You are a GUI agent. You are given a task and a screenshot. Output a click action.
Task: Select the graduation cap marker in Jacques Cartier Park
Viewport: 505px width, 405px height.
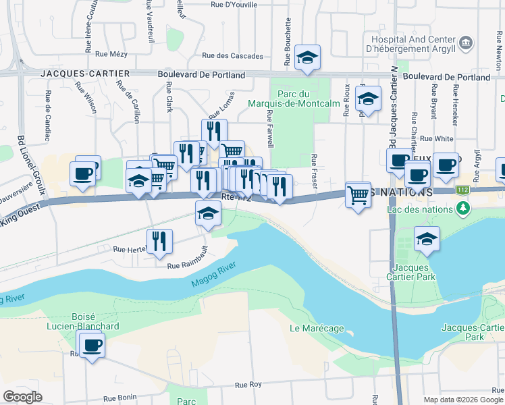click(426, 240)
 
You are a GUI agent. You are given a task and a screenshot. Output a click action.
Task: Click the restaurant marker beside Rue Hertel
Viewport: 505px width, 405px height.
click(159, 241)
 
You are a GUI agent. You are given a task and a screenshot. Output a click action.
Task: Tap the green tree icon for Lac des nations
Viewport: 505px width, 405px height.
click(462, 209)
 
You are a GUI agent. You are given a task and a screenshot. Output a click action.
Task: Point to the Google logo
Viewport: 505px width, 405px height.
click(22, 397)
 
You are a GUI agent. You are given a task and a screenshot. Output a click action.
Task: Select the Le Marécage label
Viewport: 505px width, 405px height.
click(317, 329)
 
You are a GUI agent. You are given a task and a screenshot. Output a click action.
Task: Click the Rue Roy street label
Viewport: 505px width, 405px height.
click(248, 385)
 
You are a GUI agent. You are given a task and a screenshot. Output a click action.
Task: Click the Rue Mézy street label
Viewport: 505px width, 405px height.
click(111, 54)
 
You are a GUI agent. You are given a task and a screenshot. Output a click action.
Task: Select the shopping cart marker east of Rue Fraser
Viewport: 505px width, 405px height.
click(358, 195)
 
